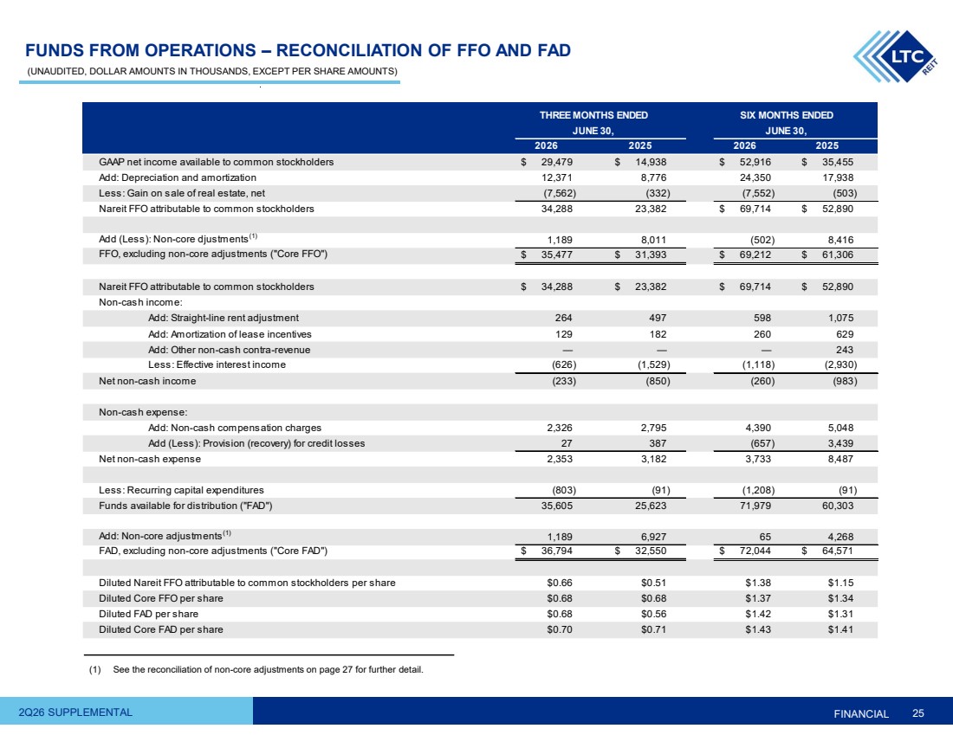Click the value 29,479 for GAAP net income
coord(557,162)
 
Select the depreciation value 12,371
coord(557,178)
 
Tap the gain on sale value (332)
coord(658,193)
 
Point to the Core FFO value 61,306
coord(838,255)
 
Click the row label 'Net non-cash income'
coord(147,382)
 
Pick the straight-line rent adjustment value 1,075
coord(840,318)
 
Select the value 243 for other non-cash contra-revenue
coord(844,350)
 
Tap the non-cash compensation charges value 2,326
coord(559,428)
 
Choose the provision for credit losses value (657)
coord(762,443)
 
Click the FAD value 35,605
coord(557,506)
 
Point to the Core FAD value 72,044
coord(755,551)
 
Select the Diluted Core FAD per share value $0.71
coord(653,630)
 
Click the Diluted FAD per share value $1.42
coord(758,614)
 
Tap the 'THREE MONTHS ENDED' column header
coord(593,115)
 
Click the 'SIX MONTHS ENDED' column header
coord(787,115)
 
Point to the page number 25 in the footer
coord(917,713)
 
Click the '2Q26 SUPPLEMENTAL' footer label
coord(75,712)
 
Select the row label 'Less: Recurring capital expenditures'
coord(181,490)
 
